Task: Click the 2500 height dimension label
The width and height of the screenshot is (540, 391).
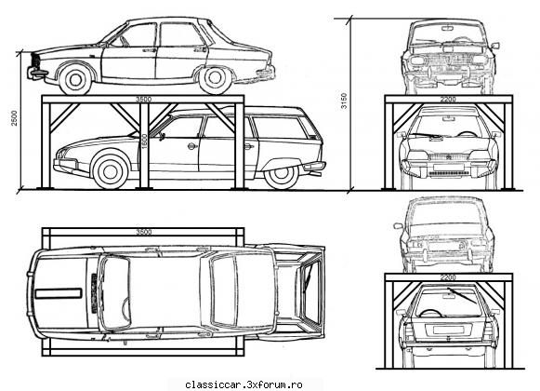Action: tap(14, 118)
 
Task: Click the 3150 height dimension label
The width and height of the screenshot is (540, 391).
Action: tap(344, 101)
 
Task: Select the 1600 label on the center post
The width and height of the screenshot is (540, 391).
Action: tap(144, 142)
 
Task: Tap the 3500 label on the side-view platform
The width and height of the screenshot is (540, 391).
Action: tap(143, 100)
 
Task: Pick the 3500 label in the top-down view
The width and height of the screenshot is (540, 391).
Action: tap(144, 232)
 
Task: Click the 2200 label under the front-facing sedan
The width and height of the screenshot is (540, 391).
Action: tap(448, 100)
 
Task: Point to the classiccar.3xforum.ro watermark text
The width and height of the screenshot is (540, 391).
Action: tap(244, 384)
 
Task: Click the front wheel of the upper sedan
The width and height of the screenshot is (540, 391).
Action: tap(75, 80)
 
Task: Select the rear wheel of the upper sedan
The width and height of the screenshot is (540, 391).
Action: tap(215, 79)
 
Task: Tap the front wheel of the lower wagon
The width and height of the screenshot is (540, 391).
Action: tap(111, 171)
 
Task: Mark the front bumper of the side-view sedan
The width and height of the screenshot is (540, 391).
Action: tap(36, 74)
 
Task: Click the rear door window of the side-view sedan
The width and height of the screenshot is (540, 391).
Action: tap(181, 34)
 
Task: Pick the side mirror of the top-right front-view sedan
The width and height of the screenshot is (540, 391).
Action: tap(495, 46)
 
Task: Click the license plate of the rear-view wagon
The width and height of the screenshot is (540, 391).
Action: tap(447, 330)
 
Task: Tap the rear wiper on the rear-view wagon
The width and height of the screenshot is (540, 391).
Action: tap(462, 295)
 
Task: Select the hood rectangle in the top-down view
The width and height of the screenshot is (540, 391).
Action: tap(59, 293)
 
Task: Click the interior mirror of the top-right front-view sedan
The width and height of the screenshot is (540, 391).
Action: tap(448, 28)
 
